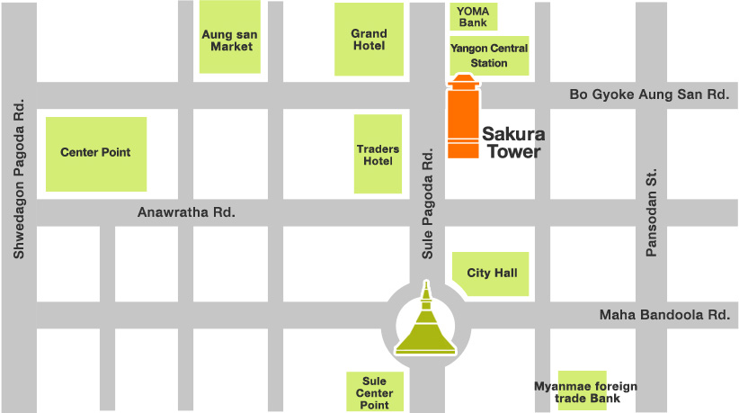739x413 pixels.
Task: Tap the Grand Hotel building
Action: coord(369,40)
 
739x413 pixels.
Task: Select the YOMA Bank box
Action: coord(473,16)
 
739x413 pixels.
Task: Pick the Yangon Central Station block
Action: coord(489,56)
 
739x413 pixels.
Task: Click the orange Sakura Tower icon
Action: coord(464,121)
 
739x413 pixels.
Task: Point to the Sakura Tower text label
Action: coord(513,143)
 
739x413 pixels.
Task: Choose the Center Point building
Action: coord(95,153)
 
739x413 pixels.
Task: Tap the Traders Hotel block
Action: coord(378,154)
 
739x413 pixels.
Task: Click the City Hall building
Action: coord(491,274)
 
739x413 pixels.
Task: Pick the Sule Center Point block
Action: coord(375,392)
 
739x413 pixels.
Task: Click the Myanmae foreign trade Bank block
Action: coord(584,391)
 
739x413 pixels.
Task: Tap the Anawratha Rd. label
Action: coord(186,213)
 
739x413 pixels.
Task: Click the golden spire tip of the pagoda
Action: coord(425,286)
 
